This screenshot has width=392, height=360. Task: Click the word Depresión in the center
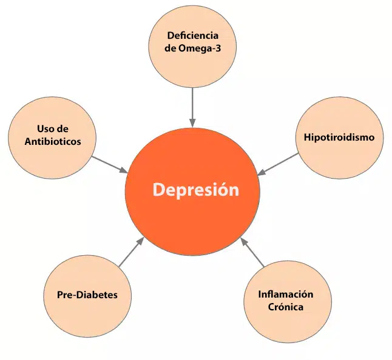(x=195, y=190)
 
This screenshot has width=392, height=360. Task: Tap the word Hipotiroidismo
(x=339, y=137)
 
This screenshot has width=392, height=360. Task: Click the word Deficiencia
(x=192, y=36)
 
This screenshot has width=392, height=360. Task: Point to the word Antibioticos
(x=53, y=141)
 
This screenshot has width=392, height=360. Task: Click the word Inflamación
(x=285, y=295)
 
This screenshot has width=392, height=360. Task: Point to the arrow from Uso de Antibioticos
(x=109, y=164)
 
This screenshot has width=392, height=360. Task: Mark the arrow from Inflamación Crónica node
(x=254, y=253)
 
